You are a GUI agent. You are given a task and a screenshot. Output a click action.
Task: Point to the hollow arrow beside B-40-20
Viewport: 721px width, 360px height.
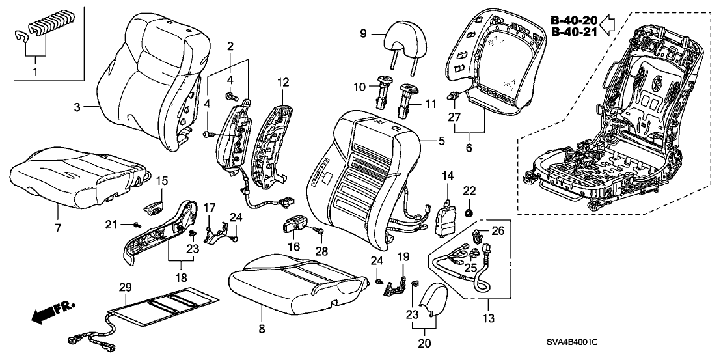[606, 25]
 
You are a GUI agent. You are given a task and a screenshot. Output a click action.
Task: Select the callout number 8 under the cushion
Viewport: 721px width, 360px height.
[262, 329]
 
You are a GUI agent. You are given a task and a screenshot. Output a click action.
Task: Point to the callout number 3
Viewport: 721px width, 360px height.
[77, 106]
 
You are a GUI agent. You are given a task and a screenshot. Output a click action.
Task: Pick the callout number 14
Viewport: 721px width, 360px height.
[448, 176]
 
